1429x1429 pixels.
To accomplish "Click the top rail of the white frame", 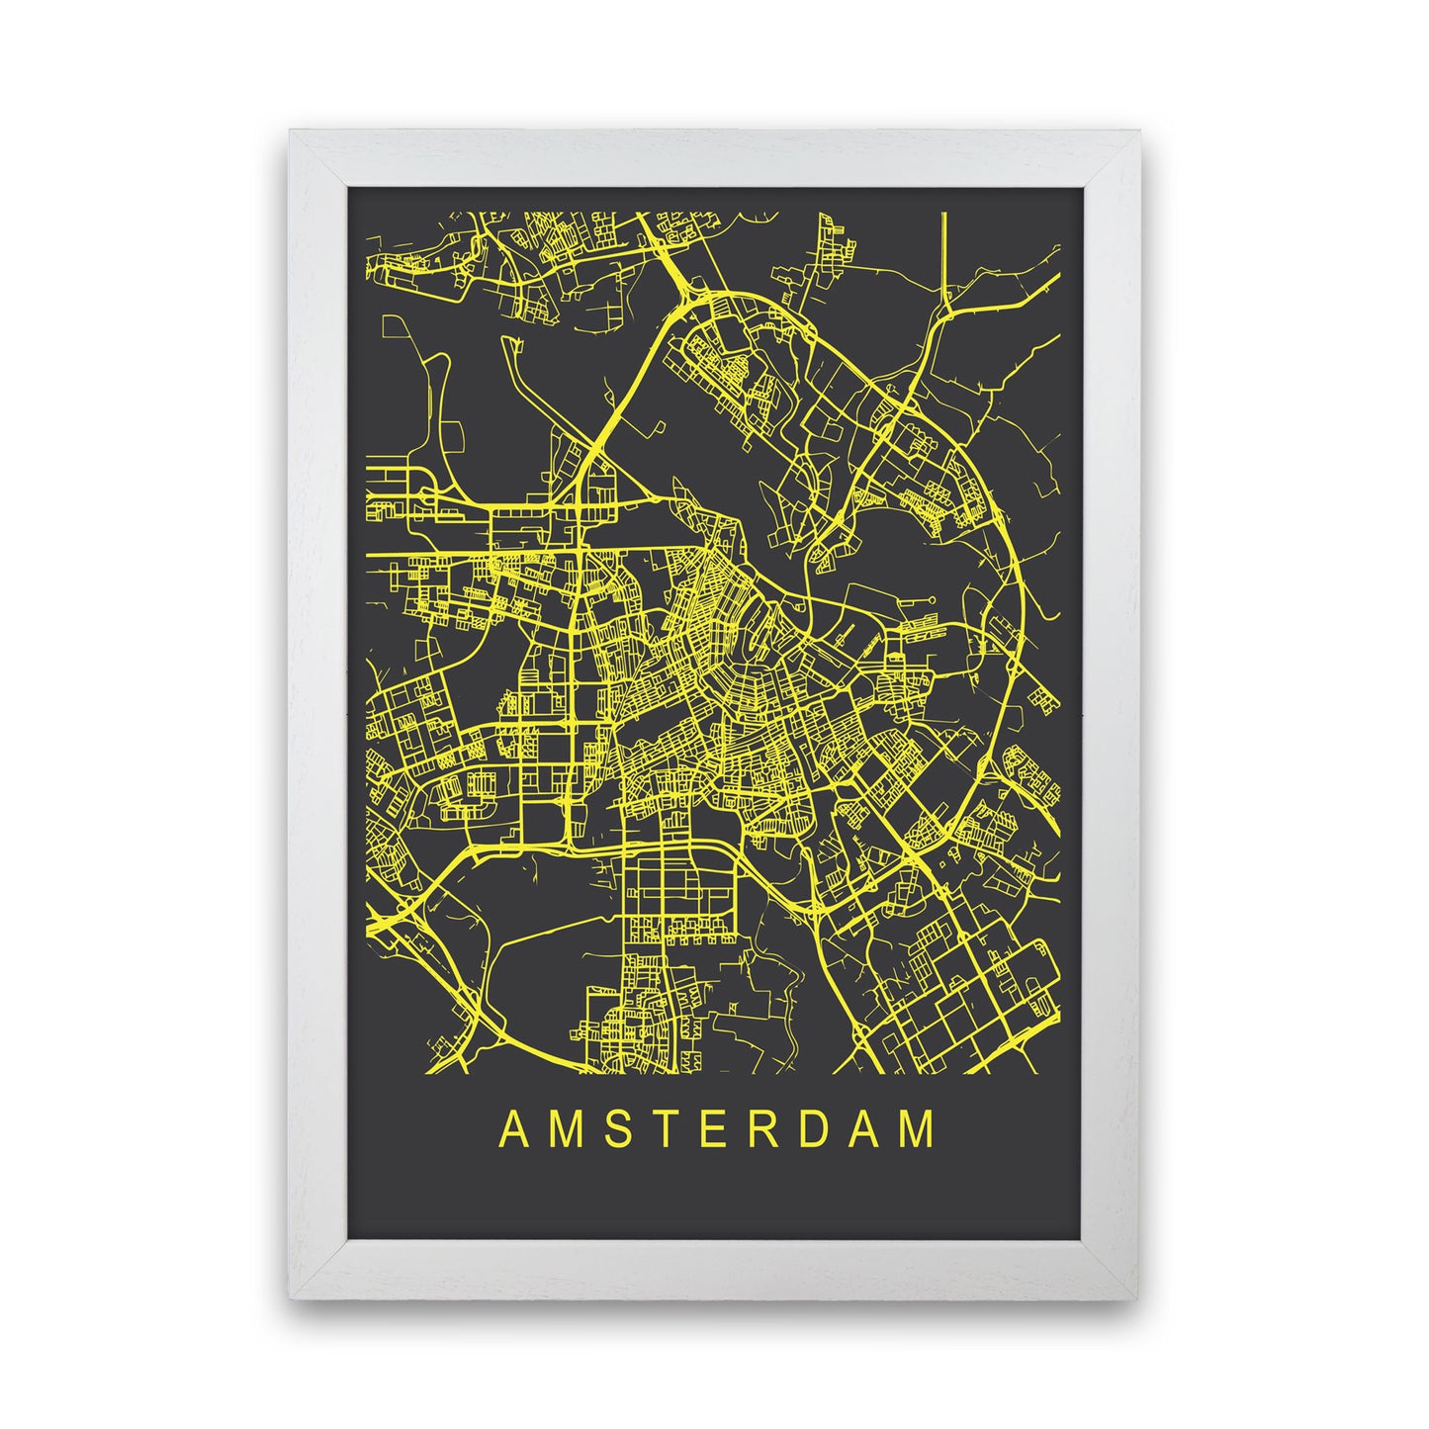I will [714, 158].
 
